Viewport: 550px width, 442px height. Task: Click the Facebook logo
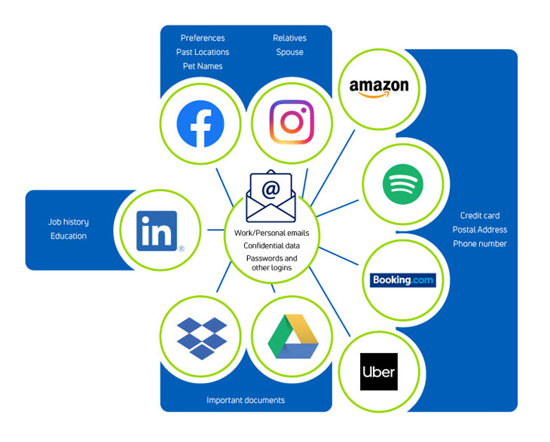(x=200, y=123)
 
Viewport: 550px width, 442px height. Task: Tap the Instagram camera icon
(x=292, y=122)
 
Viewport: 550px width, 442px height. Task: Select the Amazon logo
(x=379, y=88)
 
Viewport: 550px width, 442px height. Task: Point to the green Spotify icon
(x=402, y=184)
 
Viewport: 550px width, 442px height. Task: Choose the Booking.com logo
(x=402, y=280)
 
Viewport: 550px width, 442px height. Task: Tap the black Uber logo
(x=379, y=371)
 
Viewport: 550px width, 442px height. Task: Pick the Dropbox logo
(x=202, y=338)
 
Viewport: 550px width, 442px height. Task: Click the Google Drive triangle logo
(x=293, y=336)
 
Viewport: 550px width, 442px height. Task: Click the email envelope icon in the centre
(x=270, y=197)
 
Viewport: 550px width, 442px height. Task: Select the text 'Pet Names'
(x=203, y=66)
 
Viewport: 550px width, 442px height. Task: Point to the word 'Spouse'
(x=290, y=52)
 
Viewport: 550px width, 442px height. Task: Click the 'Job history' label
(x=69, y=222)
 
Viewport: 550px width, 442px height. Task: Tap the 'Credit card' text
(x=480, y=215)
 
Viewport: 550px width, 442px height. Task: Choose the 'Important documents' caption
(x=246, y=400)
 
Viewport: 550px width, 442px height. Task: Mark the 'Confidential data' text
(x=271, y=245)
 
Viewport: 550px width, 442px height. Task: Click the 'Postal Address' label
(x=480, y=230)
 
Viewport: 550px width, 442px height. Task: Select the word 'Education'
(x=69, y=236)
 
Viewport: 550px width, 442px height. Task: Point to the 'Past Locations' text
(x=203, y=52)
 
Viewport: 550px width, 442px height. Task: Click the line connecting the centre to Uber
(x=330, y=302)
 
